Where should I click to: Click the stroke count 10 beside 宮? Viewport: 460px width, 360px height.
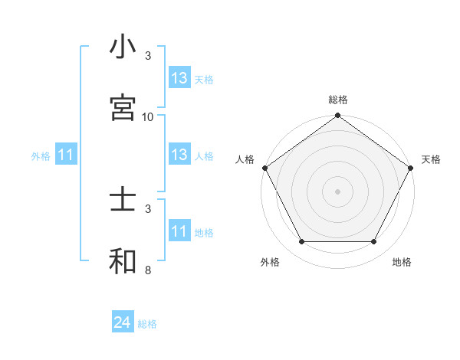coord(148,116)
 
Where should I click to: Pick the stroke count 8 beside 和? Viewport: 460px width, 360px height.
coord(148,270)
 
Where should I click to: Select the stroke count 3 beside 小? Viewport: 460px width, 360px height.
coord(148,56)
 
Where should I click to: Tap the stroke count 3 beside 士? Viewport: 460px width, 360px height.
coord(148,208)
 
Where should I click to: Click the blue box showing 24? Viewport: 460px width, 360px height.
coord(123,323)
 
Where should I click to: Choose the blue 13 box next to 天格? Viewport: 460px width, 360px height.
coord(179,78)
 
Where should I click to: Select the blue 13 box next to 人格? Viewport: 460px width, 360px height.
coord(179,155)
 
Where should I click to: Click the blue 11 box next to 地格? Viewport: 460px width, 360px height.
coord(179,231)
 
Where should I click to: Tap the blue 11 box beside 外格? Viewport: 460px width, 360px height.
coord(66,155)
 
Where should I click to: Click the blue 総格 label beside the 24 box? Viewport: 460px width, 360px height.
coord(147,324)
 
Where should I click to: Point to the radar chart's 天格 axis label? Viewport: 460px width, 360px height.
coord(431,159)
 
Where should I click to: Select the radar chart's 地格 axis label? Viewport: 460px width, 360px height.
coord(402,262)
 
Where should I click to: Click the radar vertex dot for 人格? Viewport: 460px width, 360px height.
coord(264,168)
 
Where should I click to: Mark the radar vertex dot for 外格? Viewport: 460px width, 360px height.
coord(301,242)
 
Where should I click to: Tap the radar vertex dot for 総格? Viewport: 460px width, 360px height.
coord(337,116)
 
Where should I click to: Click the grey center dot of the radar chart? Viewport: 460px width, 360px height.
coord(337,191)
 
